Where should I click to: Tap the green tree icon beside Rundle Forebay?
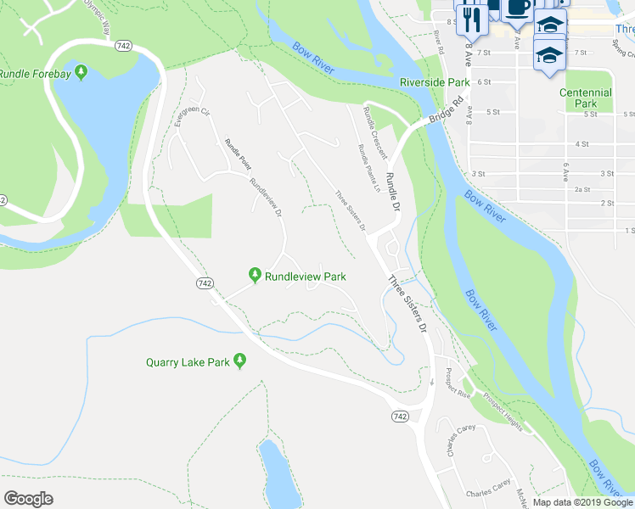coord(81,70)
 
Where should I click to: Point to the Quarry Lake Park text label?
coord(188,362)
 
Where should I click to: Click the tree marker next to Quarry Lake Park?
coord(240,362)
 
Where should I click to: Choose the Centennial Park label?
coord(585,98)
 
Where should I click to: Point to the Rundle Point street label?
coord(238,154)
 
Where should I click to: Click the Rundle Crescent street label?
coord(374,133)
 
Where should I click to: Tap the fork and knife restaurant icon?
coord(473,18)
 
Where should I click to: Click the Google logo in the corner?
coord(28,498)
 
